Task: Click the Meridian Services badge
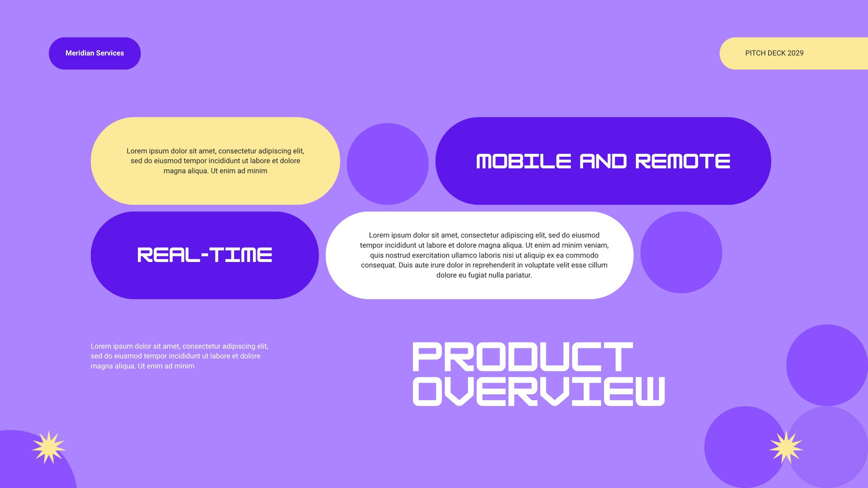coord(94,54)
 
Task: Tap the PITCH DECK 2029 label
coord(774,53)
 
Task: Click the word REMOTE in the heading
coord(683,161)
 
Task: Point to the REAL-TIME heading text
coord(205,255)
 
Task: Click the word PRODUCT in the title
coord(523,357)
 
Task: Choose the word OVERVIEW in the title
coord(539,391)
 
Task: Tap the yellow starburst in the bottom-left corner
coord(49,447)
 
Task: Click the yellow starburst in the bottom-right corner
coord(786,447)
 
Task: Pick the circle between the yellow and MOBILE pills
coord(387,164)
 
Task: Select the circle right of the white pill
coord(681,253)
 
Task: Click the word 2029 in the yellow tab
coord(795,53)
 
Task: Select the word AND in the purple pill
coord(603,161)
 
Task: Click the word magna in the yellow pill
coord(173,171)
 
